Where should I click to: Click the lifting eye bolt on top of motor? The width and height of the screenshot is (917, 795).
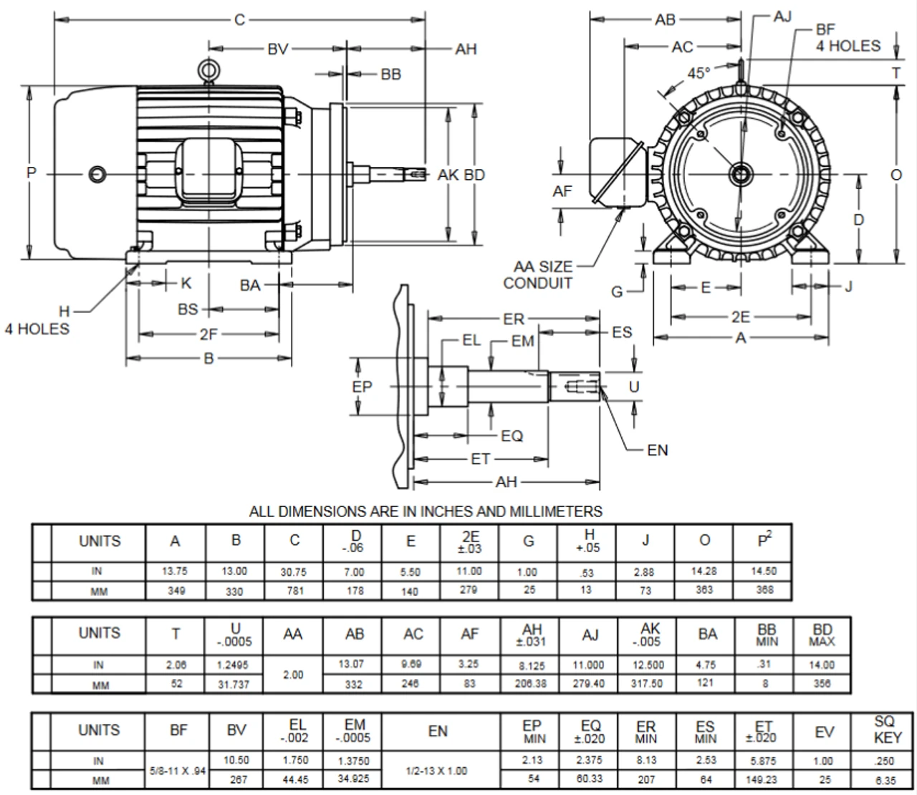coord(208,70)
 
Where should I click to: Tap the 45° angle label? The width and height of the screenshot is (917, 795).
coord(698,73)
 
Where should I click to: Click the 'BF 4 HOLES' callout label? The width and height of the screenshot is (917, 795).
coord(848,38)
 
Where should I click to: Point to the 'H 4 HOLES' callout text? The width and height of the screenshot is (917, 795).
coord(39,321)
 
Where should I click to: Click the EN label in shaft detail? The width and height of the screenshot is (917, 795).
coord(657,450)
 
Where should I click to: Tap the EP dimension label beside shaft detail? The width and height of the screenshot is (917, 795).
coord(363,387)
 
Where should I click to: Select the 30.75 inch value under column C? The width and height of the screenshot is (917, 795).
coord(294,572)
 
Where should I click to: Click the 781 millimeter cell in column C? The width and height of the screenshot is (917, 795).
coord(294,591)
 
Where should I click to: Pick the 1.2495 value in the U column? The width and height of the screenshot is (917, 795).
coord(234,665)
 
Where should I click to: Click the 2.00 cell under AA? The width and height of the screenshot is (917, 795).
coord(293,674)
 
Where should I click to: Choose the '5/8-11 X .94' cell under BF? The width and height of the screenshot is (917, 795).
coord(178,771)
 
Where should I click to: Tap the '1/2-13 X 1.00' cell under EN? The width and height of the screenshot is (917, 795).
coord(437,771)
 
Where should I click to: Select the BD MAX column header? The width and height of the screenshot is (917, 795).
coord(822,635)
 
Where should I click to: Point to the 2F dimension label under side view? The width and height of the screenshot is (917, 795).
coord(208,334)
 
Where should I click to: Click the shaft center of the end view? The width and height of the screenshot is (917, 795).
coord(739,174)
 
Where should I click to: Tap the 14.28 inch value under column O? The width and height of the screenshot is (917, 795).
coord(704,572)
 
